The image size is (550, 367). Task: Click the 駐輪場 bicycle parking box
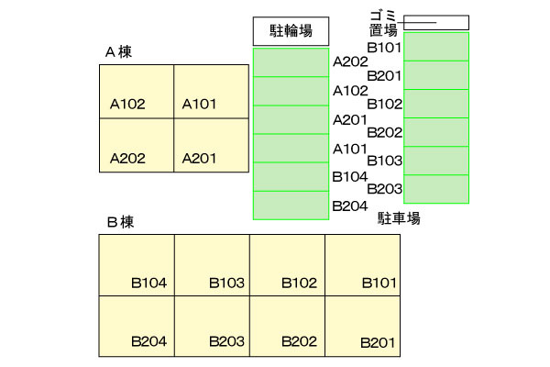point(291,31)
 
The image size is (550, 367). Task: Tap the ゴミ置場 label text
point(383,23)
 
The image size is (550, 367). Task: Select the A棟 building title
point(118,52)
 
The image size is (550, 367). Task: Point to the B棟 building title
point(120,222)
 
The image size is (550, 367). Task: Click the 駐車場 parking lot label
point(399,218)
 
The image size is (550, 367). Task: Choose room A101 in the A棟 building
point(211,92)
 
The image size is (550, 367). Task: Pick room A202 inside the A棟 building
point(137,145)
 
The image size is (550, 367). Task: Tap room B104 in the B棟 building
point(137,265)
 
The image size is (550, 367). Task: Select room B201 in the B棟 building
point(363,327)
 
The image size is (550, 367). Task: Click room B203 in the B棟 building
point(213,327)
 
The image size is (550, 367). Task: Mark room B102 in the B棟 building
point(287,265)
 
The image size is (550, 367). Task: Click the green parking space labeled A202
point(291,62)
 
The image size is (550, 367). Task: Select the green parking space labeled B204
point(291,206)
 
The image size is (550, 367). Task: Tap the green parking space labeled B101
point(436,47)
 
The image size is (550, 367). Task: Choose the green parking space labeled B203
point(436,189)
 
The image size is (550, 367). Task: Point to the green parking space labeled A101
point(291,149)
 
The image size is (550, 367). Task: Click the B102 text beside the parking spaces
point(384,105)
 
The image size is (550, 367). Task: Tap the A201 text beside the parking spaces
point(350,120)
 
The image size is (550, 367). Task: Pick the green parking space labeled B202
point(436,132)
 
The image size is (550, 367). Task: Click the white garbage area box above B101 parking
point(436,22)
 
